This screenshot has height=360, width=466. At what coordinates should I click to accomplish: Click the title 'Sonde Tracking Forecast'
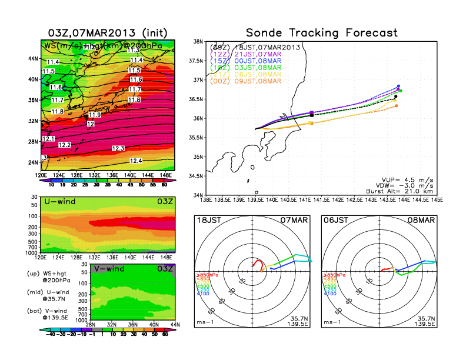[x=321, y=33]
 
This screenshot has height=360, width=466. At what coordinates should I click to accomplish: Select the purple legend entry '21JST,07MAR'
[x=255, y=54]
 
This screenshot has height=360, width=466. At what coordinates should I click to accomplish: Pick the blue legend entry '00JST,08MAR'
[x=255, y=61]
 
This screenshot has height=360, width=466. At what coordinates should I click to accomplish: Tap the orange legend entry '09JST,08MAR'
[x=255, y=81]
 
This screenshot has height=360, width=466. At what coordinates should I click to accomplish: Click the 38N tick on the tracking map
[x=198, y=42]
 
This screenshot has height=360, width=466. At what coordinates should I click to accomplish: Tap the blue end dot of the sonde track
[x=399, y=86]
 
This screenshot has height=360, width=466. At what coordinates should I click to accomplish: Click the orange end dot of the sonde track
[x=397, y=106]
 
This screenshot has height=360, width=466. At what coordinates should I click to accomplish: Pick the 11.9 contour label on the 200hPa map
[x=95, y=114]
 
